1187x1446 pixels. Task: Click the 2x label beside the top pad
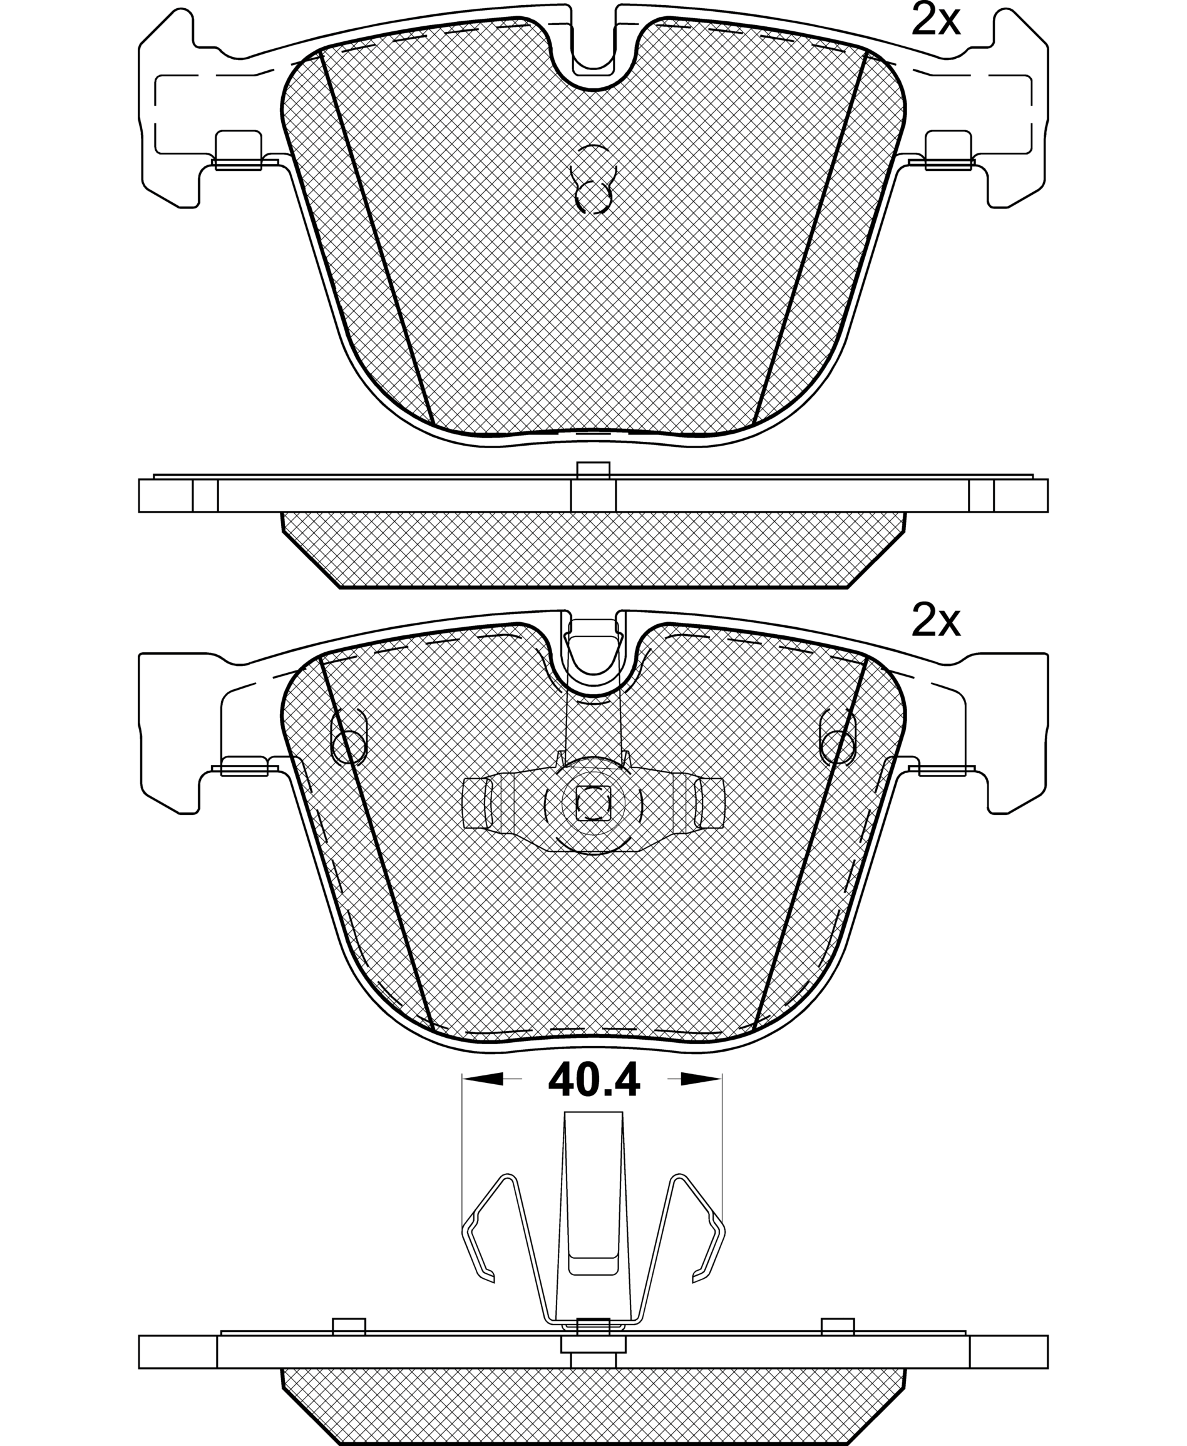pyautogui.click(x=935, y=21)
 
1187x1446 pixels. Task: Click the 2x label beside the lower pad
pyautogui.click(x=935, y=622)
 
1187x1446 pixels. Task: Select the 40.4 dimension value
pyautogui.click(x=593, y=1080)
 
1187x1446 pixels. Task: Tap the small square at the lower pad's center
pyautogui.click(x=593, y=802)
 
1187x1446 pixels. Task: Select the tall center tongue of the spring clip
pyautogui.click(x=593, y=1203)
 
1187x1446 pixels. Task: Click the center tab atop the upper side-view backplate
pyautogui.click(x=593, y=470)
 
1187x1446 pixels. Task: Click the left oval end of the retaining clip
pyautogui.click(x=476, y=803)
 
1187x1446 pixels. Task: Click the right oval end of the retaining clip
pyautogui.click(x=710, y=803)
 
